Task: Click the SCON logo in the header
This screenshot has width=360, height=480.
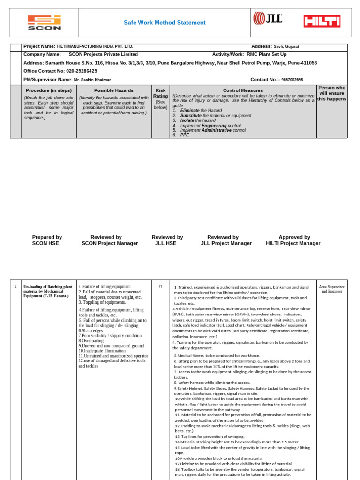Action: [x=44, y=22]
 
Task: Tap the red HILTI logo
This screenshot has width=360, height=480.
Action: [x=322, y=21]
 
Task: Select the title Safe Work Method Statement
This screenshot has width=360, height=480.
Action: [x=165, y=22]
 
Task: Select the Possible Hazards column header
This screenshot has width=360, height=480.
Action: [x=113, y=90]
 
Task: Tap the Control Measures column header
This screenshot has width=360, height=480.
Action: [x=243, y=90]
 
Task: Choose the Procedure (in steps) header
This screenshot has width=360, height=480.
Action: [x=49, y=90]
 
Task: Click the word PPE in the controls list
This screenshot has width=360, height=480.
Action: [x=185, y=135]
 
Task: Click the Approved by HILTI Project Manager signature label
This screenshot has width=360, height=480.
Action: [x=293, y=240]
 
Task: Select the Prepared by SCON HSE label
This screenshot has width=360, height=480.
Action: [x=47, y=240]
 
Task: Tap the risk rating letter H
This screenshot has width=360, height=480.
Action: [x=160, y=286]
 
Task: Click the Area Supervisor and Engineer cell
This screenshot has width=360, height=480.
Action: [x=331, y=289]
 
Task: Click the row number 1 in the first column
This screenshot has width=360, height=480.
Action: [x=15, y=286]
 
